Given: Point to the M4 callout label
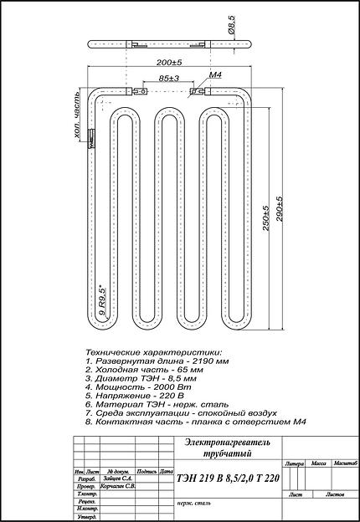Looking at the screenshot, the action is (x=214, y=75).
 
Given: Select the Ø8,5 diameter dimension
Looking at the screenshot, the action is (x=231, y=33).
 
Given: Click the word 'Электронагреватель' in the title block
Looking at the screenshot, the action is (x=218, y=441).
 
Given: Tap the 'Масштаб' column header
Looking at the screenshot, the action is (x=343, y=463).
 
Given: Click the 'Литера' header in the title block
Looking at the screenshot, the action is (x=295, y=463).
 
